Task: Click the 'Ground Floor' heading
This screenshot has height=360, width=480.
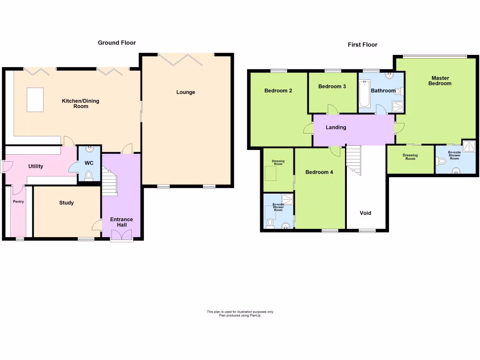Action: [117, 43]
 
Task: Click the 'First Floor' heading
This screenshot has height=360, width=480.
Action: [362, 45]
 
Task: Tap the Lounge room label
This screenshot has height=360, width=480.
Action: [186, 92]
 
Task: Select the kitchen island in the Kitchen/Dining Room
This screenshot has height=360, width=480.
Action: [35, 99]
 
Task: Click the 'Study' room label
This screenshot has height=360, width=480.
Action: [66, 203]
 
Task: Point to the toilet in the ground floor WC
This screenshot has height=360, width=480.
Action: [89, 175]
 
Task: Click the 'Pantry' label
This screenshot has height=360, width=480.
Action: [18, 202]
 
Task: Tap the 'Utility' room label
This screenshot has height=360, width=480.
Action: [36, 166]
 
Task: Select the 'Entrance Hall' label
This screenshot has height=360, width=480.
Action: [121, 222]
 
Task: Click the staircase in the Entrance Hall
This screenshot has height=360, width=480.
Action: [110, 183]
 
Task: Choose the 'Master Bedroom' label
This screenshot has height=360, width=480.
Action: [441, 81]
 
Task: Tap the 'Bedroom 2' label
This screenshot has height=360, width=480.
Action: [278, 90]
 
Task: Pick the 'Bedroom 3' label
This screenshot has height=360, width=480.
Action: [332, 87]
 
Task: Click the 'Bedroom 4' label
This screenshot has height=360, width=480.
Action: [319, 172]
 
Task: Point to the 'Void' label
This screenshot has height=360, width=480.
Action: [365, 213]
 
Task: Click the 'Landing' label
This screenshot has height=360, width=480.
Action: [336, 127]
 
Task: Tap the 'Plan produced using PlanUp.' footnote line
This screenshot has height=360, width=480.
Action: [240, 315]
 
